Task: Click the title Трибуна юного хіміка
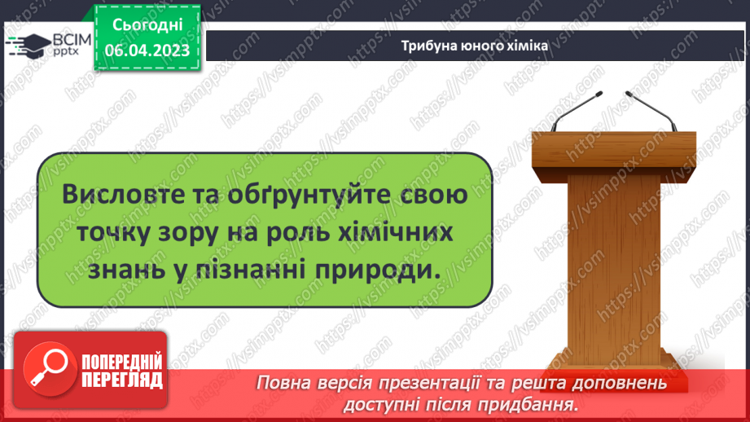coord(475,46)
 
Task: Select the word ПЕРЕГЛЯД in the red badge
coord(121,379)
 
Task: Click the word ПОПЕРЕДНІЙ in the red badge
coord(121,362)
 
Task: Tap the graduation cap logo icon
coord(28,45)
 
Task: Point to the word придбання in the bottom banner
coord(540,403)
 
